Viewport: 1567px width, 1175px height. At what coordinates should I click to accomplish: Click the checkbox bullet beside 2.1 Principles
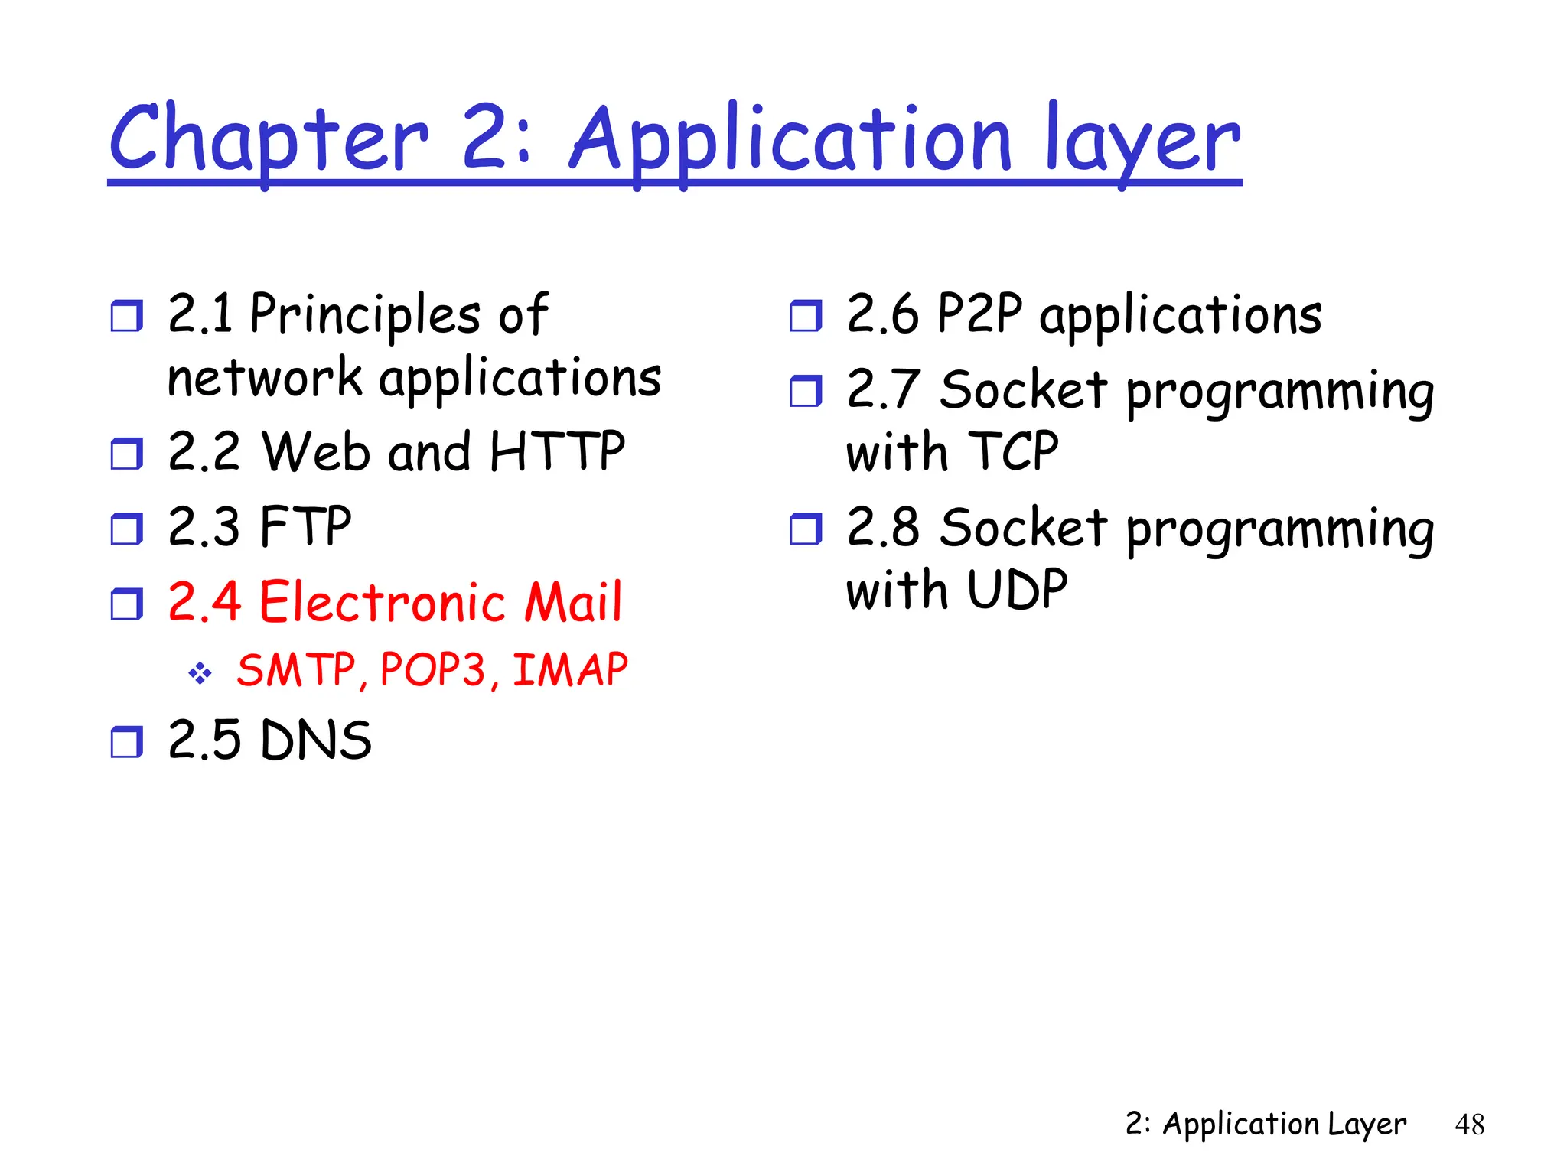pyautogui.click(x=126, y=315)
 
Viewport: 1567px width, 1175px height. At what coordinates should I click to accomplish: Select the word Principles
pyautogui.click(x=365, y=315)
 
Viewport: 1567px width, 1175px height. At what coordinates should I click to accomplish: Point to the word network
pyautogui.click(x=264, y=378)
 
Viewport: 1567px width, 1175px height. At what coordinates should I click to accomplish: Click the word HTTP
pyautogui.click(x=557, y=451)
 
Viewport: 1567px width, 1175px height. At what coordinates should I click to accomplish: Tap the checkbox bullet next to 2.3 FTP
pyautogui.click(x=126, y=528)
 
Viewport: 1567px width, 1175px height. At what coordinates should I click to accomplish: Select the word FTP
pyautogui.click(x=305, y=526)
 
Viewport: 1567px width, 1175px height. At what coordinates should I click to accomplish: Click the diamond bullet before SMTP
pyautogui.click(x=200, y=673)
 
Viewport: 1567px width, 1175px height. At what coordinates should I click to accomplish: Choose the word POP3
pyautogui.click(x=433, y=670)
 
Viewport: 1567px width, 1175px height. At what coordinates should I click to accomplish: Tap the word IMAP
pyautogui.click(x=570, y=670)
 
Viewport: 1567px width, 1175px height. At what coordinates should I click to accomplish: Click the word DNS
pyautogui.click(x=316, y=740)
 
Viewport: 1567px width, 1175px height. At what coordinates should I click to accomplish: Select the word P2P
pyautogui.click(x=979, y=314)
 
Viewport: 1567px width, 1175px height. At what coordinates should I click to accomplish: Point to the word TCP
pyautogui.click(x=1012, y=451)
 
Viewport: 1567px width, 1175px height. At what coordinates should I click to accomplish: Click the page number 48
pyautogui.click(x=1469, y=1125)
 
